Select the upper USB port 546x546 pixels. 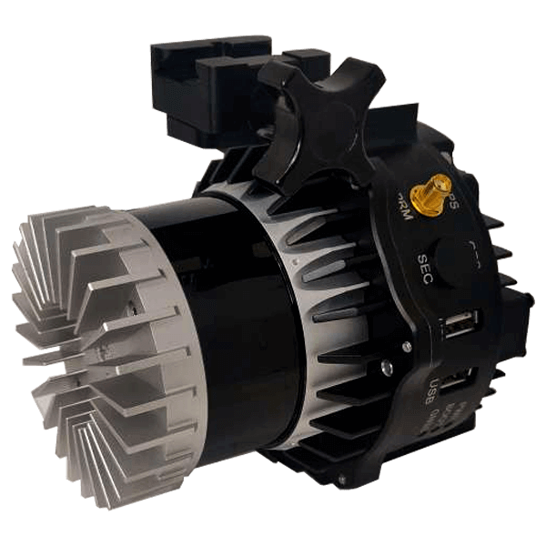point(459,325)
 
